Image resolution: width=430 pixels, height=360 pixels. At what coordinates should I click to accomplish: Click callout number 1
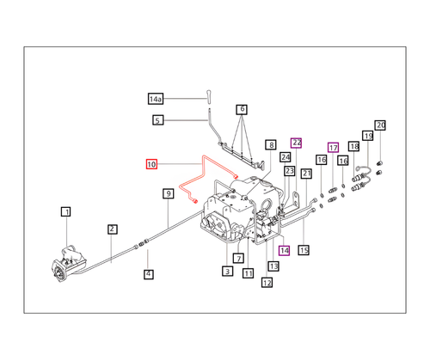65,211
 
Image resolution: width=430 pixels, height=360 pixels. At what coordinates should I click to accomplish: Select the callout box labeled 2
113,229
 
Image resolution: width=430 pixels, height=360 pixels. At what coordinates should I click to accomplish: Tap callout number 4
148,274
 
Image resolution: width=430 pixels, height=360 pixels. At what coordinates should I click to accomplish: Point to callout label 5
157,120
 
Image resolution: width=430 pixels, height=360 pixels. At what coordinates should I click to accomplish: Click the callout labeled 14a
157,98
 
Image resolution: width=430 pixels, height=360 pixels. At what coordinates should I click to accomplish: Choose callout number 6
243,109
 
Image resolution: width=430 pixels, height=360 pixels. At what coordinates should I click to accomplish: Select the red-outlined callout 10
151,163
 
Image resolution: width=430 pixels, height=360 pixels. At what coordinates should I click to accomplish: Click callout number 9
169,194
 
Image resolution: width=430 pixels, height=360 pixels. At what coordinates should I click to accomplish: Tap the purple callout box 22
297,143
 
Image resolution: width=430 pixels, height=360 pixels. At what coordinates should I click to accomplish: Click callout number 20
381,125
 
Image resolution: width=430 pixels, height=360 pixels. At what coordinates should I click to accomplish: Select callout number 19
367,137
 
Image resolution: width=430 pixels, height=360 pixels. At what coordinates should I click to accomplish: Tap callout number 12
267,283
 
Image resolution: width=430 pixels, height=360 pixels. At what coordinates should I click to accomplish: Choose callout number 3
227,272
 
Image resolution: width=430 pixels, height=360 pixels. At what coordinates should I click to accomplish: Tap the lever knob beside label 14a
208,94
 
